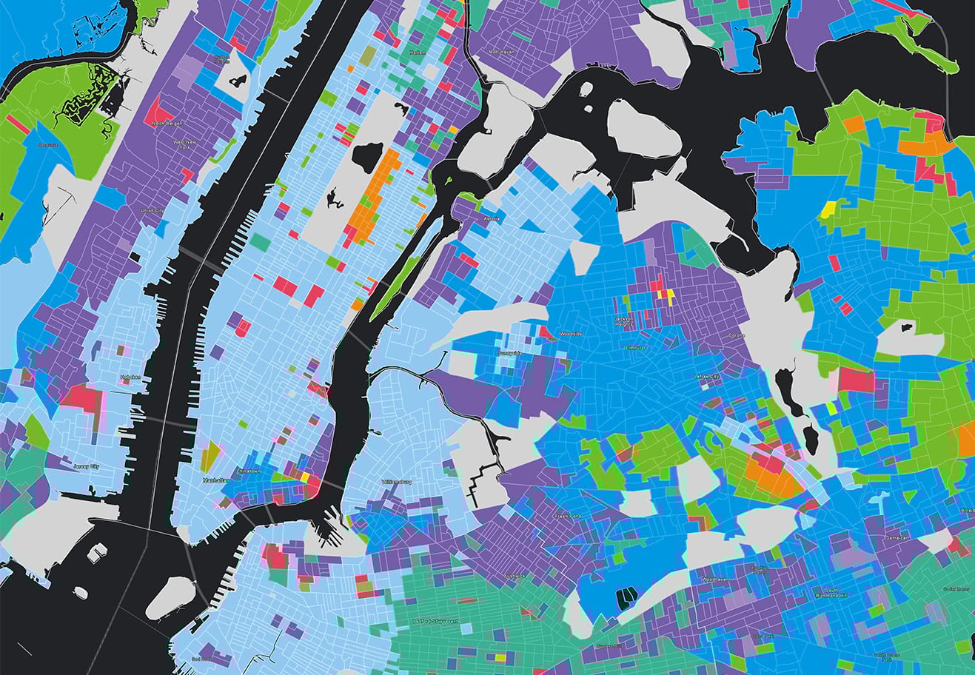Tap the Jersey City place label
point(87,466)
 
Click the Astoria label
point(492,219)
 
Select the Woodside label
point(571,334)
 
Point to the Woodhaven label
point(716,579)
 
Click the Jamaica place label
point(896,538)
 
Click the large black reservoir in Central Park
point(368,157)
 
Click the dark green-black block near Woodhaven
point(626,595)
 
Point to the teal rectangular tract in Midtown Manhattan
point(260,241)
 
